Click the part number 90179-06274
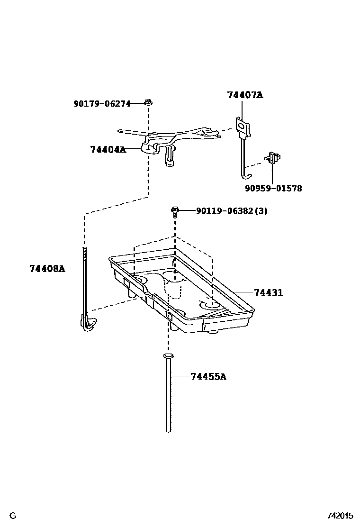pos(102,104)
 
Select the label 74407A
pos(245,95)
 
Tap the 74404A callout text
pos(108,150)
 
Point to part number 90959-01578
pos(273,188)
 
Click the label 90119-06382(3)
pos(232,211)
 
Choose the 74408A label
pos(47,269)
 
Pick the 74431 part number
pos(268,292)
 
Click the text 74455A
pos(208,377)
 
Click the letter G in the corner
pos(13,516)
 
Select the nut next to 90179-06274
pos(148,102)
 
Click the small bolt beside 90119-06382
pos(175,211)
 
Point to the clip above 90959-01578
pos(273,157)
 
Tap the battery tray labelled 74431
pos(185,294)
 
